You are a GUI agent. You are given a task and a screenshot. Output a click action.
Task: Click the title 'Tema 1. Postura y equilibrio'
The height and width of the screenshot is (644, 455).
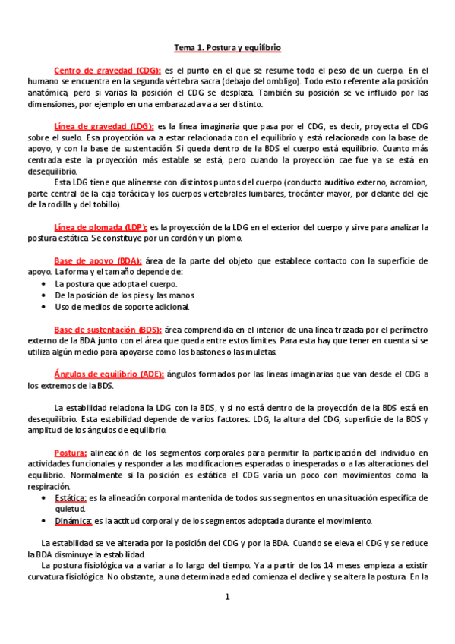227,47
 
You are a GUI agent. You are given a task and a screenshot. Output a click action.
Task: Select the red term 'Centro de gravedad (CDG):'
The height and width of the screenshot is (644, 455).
107,70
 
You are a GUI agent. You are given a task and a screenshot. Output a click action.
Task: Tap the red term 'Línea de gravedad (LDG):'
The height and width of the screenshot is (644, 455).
104,126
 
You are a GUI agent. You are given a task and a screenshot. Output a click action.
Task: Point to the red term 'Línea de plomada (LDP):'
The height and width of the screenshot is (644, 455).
100,227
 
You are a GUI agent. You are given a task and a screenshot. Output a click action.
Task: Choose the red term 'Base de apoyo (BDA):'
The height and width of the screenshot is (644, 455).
97,260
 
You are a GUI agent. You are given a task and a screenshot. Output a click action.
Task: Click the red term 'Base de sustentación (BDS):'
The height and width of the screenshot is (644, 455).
107,330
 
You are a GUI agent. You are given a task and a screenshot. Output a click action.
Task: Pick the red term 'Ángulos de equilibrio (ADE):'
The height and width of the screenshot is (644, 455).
109,374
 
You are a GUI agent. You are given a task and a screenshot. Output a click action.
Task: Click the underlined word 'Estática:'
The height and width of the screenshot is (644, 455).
71,498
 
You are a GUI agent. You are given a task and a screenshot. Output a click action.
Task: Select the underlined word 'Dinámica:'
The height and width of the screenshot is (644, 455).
74,521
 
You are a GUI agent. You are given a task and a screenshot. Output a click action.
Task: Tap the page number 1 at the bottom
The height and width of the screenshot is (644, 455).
226,598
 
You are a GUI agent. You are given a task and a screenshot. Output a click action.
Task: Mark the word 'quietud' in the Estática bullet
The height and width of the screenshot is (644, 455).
71,510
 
